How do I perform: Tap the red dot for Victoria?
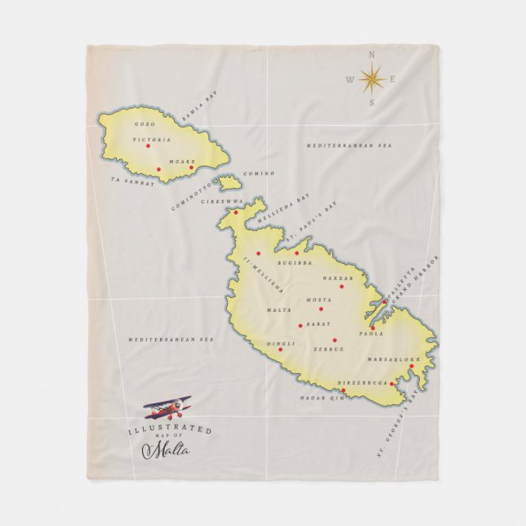coord(148,146)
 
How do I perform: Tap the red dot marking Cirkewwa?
coord(236,212)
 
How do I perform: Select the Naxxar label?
coord(336,278)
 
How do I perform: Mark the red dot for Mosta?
coord(321,309)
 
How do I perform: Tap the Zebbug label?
coord(329,349)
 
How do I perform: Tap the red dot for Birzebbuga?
coord(392,384)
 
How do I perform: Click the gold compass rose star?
coord(372,79)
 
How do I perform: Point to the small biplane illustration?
coord(167,408)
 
